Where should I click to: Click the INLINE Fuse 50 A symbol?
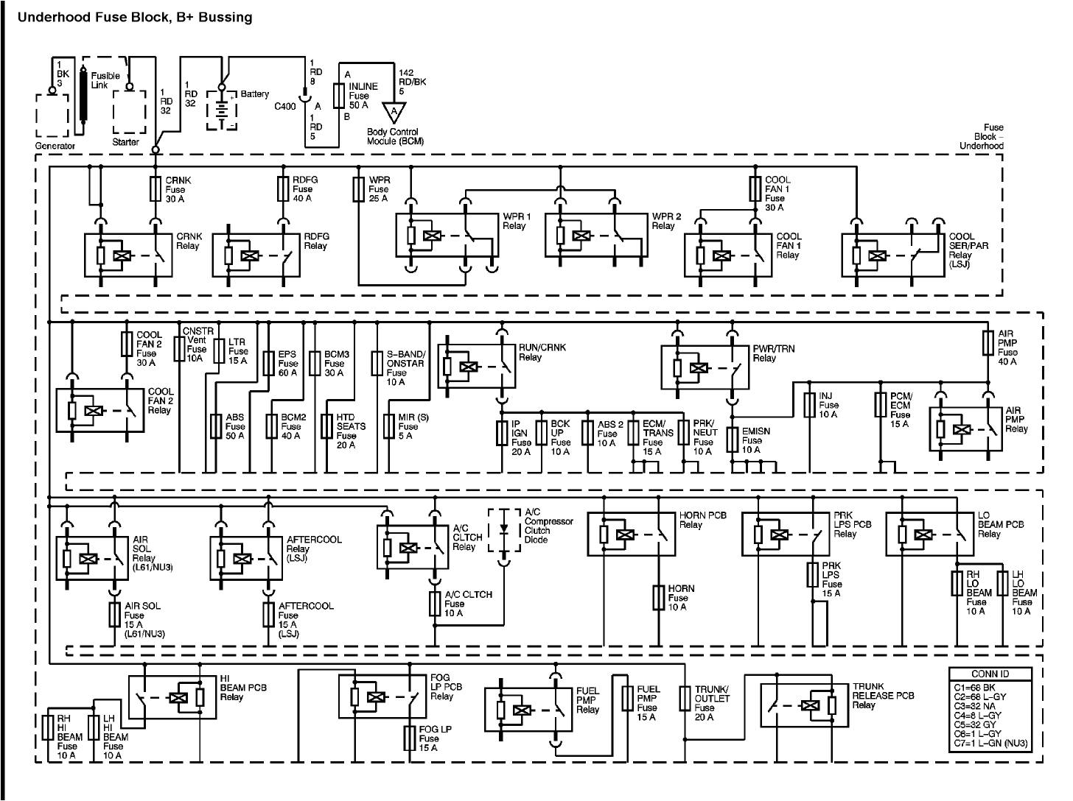(x=339, y=96)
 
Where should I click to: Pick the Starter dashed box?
(x=130, y=111)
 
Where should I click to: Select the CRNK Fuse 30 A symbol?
(x=155, y=189)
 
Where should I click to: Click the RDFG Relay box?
(x=256, y=255)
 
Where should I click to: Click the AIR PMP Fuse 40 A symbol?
(x=989, y=344)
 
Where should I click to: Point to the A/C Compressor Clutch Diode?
(x=504, y=529)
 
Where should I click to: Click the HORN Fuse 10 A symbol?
(x=659, y=597)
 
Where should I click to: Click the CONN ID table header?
(x=989, y=674)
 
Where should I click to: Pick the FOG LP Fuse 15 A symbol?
(x=410, y=738)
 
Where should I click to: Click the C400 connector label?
(x=284, y=106)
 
